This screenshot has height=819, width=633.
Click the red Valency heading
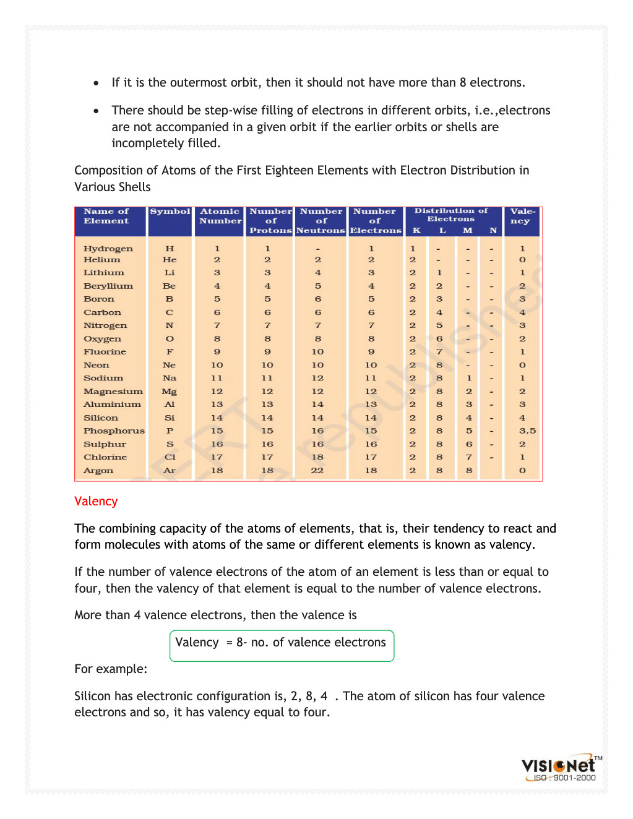[x=96, y=501]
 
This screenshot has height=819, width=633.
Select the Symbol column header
[x=170, y=212]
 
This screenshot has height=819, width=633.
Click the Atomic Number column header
[x=220, y=216]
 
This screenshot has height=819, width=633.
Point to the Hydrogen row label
[x=108, y=249]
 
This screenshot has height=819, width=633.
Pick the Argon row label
[x=98, y=471]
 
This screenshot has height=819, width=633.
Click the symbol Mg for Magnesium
[x=169, y=392]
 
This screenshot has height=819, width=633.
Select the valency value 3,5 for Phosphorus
[x=527, y=431]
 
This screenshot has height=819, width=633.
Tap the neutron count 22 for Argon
[x=317, y=471]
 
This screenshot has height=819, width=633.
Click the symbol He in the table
[x=170, y=260]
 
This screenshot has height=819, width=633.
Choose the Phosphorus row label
[x=114, y=431]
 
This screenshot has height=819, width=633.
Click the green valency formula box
[x=282, y=645]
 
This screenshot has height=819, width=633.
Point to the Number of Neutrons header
[x=321, y=221]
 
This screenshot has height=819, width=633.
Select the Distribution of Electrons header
[x=451, y=215]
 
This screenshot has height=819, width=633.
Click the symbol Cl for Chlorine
[x=170, y=457]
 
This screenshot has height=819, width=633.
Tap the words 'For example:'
[x=111, y=669]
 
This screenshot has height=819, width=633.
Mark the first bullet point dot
[x=96, y=83]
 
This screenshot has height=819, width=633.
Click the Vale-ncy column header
[x=522, y=216]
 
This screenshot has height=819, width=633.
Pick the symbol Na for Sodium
[x=169, y=378]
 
